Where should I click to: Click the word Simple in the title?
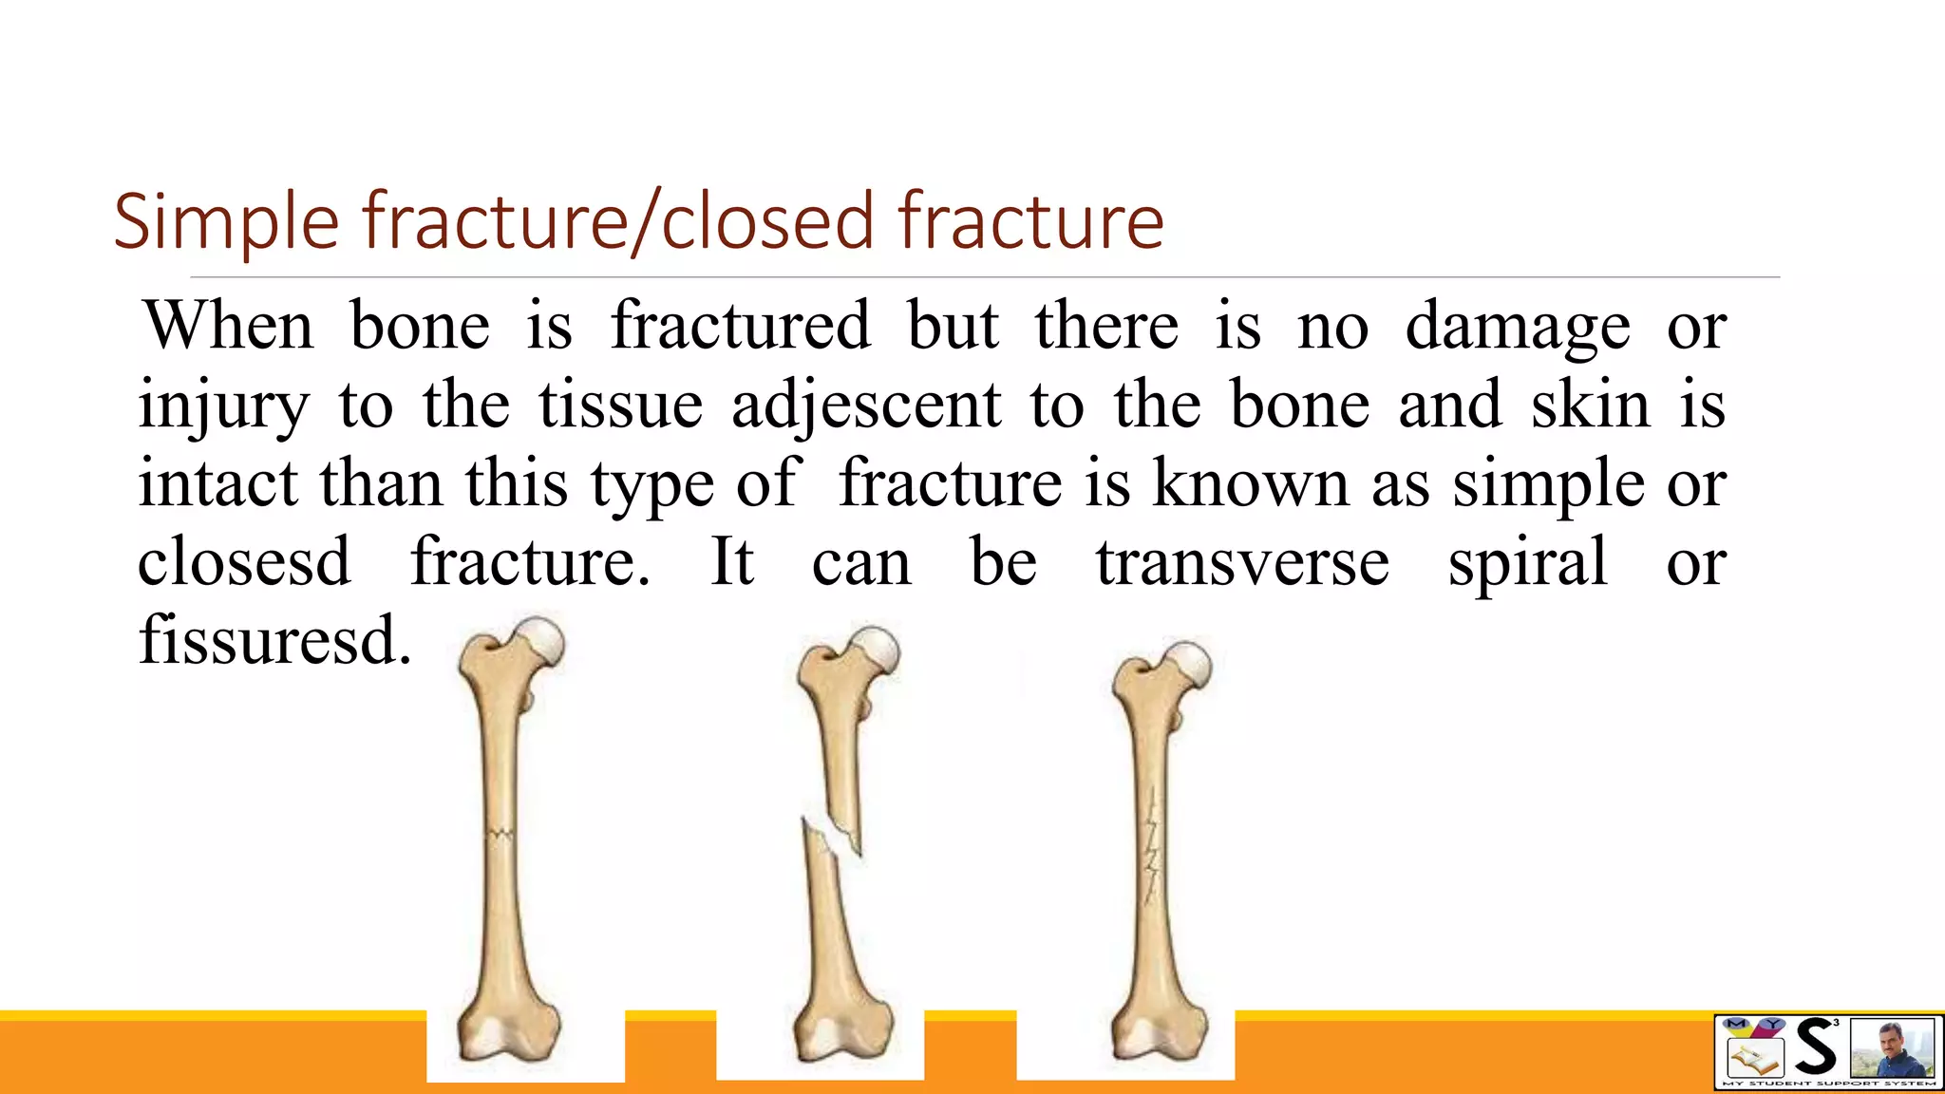(x=226, y=222)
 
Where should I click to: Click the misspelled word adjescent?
(x=865, y=405)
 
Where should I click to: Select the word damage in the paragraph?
(x=1517, y=327)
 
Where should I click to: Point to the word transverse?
(x=1242, y=562)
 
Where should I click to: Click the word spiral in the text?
(x=1527, y=562)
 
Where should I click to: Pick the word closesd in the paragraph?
(x=244, y=562)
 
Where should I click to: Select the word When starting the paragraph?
(x=228, y=326)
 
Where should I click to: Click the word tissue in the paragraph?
(x=621, y=405)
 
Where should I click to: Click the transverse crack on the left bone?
(x=500, y=835)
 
